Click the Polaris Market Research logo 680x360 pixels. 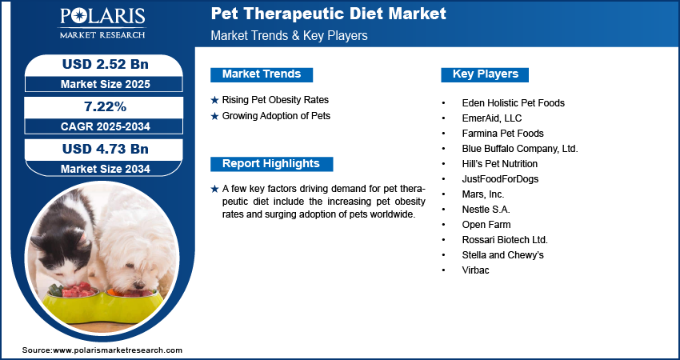pos(102,23)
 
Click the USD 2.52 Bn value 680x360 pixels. pos(106,64)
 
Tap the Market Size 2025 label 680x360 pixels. pos(106,84)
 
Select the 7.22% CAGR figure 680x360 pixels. pos(105,106)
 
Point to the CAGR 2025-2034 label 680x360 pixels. pos(106,126)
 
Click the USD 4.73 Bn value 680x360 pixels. pos(106,149)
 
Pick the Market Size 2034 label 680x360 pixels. pos(106,169)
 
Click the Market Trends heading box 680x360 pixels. pos(262,74)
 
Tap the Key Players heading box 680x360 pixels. pos(485,74)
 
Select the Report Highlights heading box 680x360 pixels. pos(271,164)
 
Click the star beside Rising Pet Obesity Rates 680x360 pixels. pos(214,101)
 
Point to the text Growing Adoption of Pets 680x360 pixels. pos(276,116)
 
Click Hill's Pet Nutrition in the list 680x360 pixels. pos(499,164)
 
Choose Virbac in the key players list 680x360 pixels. pos(475,270)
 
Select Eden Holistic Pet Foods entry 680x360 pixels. pos(513,103)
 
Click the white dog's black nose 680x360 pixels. pos(139,285)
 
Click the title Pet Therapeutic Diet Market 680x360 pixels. pos(328,14)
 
